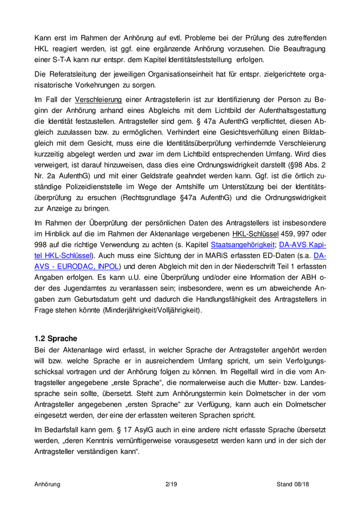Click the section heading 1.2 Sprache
tap(56, 339)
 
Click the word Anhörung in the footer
tap(47, 484)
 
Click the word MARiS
tap(199, 256)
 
